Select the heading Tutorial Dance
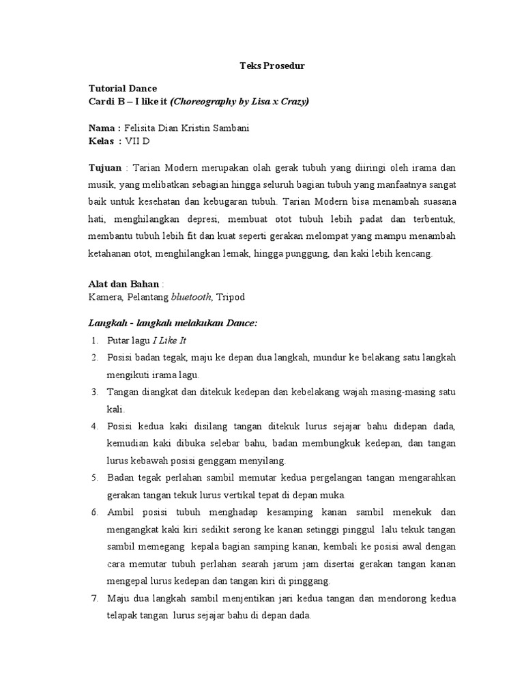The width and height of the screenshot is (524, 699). coord(123,89)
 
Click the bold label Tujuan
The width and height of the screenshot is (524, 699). coord(105,167)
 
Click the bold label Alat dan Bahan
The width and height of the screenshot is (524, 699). coord(123,283)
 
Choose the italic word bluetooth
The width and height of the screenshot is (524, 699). coord(190,297)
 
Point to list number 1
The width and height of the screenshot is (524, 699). coord(93,340)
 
